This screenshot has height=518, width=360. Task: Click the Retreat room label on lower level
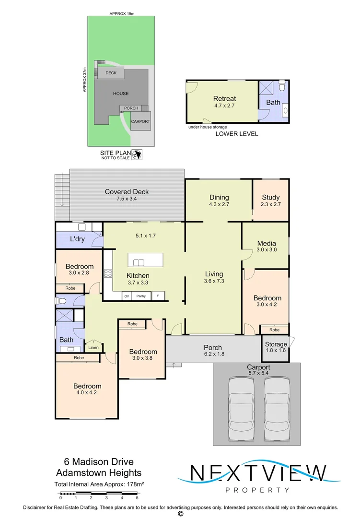pos(225,98)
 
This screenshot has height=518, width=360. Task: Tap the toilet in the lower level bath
pos(282,86)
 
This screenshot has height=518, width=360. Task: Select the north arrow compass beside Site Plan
pos(137,154)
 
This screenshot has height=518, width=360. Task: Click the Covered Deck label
pos(127,191)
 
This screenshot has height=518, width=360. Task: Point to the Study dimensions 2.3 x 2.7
pos(271,204)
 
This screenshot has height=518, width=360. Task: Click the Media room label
pos(267,244)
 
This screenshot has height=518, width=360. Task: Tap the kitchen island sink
pos(139,263)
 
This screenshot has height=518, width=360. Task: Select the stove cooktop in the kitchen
pos(108,273)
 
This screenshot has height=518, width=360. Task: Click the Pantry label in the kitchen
pos(141,296)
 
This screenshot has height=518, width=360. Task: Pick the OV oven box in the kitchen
pos(127,296)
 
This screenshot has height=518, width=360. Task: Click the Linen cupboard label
pos(93,348)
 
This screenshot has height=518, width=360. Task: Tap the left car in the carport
pos(242,408)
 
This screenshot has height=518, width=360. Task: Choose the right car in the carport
pos(277,408)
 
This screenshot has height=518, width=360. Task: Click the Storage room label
pos(276,344)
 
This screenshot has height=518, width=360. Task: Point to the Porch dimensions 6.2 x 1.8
pos(214,354)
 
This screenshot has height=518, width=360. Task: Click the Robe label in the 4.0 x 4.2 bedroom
pos(79,358)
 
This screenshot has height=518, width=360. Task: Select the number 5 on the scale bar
pos(137,498)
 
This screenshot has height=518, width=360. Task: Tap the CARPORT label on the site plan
pos(141,121)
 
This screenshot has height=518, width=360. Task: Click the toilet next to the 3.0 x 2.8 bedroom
pos(62,301)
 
